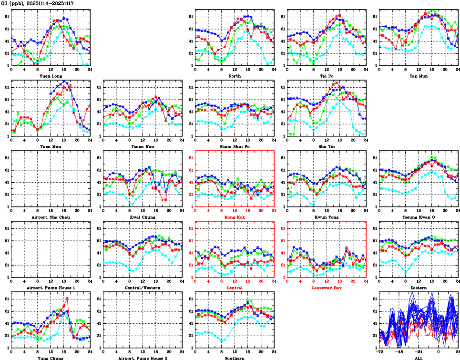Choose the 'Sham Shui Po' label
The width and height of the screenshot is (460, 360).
235,146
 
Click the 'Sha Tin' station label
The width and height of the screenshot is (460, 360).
327,146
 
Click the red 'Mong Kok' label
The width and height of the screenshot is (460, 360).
235,217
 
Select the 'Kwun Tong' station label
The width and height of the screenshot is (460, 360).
327,217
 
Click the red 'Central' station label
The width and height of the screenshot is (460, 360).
235,288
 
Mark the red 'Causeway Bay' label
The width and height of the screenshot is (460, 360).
327,288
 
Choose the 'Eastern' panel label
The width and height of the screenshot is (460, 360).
419,288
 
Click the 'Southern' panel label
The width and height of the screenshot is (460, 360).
235,358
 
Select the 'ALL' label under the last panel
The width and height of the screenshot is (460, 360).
419,358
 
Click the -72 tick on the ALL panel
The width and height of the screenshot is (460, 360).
379,352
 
